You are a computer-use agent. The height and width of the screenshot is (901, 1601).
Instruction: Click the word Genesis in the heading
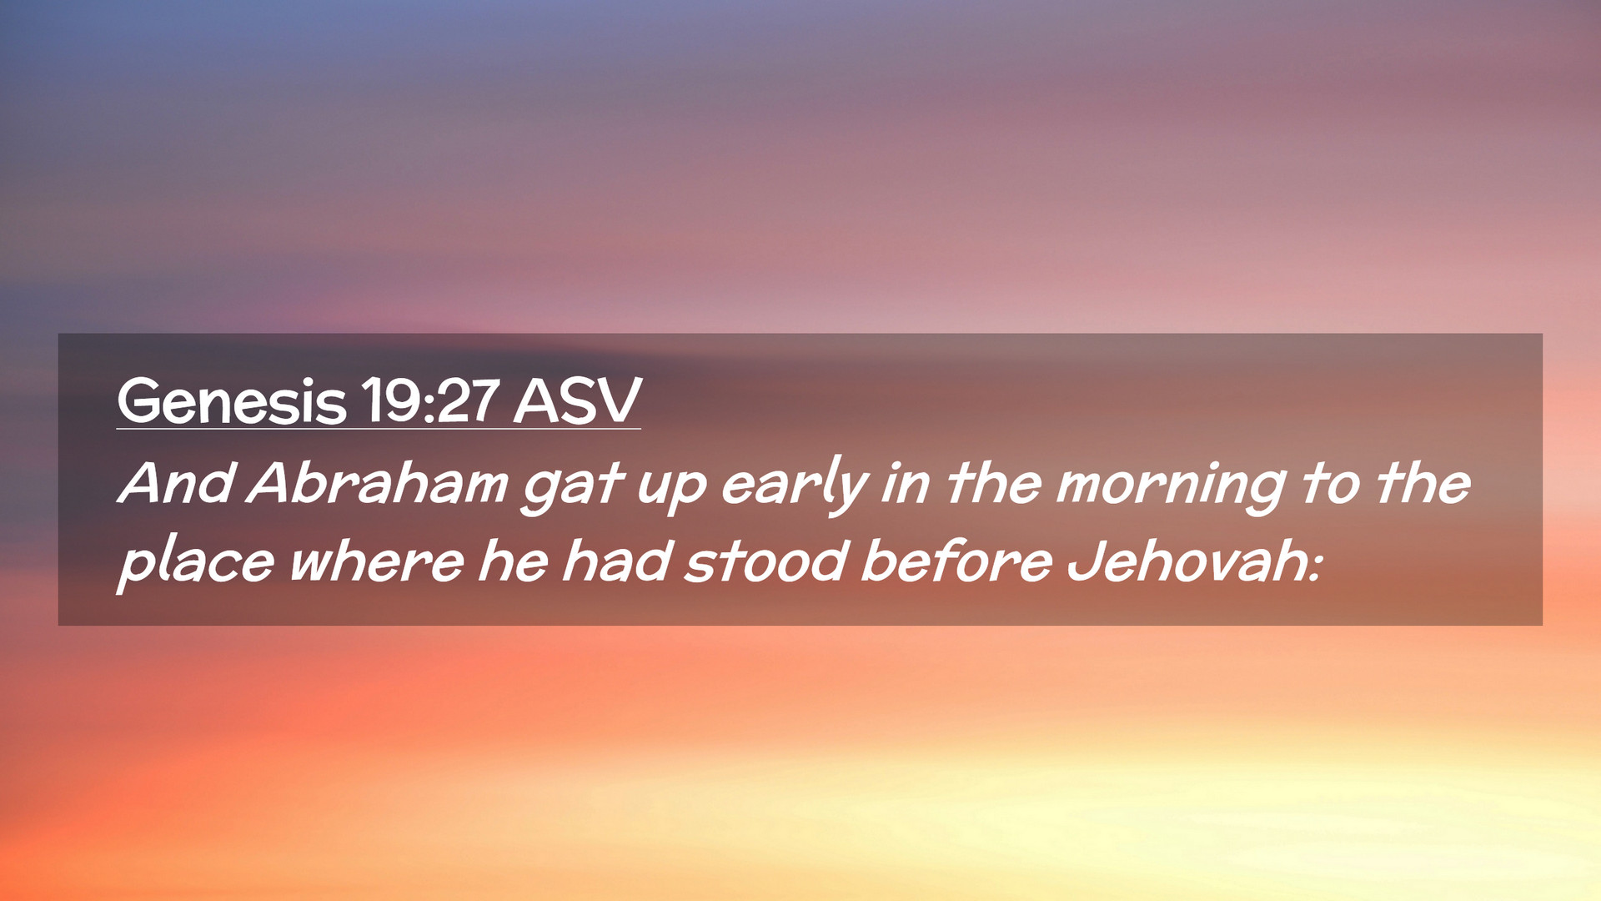click(x=231, y=401)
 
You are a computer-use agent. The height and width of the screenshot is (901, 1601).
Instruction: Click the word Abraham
click(x=377, y=483)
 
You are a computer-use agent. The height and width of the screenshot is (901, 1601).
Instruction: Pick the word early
click(x=795, y=485)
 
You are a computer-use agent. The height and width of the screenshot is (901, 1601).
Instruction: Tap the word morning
click(x=1170, y=486)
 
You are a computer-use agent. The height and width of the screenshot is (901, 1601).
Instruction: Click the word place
click(x=196, y=563)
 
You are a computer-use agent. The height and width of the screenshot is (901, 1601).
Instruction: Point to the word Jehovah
click(x=1187, y=561)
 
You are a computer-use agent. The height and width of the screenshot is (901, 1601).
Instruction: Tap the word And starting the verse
click(x=175, y=483)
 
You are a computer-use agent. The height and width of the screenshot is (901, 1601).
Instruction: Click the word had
click(x=617, y=561)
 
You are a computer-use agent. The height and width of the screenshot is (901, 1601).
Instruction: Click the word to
click(x=1332, y=484)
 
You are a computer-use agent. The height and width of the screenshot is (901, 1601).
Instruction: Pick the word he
click(x=513, y=561)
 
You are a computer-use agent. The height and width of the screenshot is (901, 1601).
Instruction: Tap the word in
click(x=906, y=483)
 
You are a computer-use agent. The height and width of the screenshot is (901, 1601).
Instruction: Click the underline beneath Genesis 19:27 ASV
click(x=379, y=429)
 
